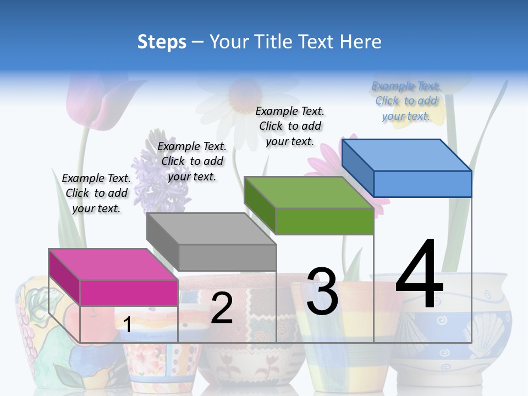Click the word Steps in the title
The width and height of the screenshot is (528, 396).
point(162,42)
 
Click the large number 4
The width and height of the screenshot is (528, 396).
point(419,275)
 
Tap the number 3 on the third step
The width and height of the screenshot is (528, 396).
point(322,291)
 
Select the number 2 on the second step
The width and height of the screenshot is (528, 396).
point(222,309)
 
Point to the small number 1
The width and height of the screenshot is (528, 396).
point(127,325)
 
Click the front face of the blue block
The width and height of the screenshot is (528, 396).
point(422,184)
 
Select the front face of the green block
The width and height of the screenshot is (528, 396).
point(324,221)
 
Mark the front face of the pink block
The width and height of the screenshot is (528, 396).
point(129,293)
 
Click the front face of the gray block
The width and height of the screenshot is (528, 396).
point(227,257)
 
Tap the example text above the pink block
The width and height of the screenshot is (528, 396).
point(96,193)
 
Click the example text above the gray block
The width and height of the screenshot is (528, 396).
point(192,161)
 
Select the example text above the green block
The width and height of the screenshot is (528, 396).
point(290,126)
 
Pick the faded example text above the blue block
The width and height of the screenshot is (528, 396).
point(406,101)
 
